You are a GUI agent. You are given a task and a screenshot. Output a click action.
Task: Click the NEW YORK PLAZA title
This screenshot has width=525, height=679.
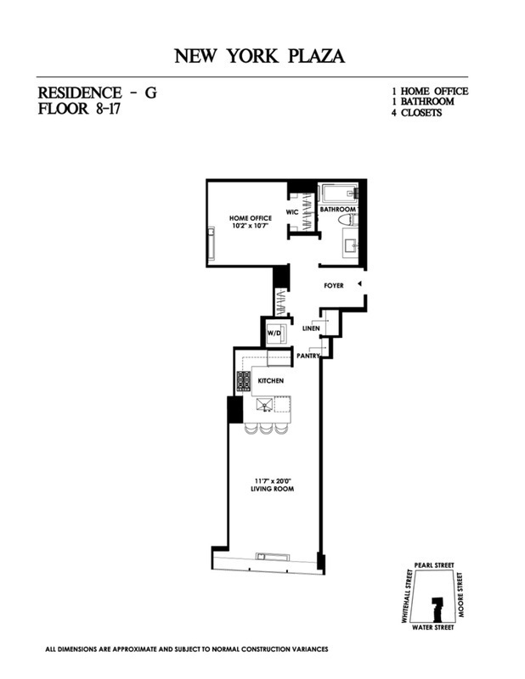260,57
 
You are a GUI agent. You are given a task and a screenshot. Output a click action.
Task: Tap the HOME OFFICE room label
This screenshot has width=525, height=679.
251,218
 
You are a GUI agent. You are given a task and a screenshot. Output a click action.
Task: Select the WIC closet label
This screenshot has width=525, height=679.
291,212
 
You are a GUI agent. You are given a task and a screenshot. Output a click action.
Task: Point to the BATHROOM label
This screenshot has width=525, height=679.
337,209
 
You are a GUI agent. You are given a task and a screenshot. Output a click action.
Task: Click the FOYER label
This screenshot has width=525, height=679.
334,286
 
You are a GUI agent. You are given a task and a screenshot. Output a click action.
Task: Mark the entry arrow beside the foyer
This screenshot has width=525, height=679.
359,283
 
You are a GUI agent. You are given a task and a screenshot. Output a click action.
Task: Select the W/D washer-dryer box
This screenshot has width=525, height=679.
274,333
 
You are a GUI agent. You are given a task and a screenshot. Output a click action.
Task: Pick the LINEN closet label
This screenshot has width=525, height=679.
311,328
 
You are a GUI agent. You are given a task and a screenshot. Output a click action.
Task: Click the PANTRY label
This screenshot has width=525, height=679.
308,357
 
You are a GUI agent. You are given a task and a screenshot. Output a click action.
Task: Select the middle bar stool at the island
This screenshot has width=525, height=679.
267,427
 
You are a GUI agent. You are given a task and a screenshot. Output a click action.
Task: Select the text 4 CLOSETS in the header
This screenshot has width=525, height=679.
415,112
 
